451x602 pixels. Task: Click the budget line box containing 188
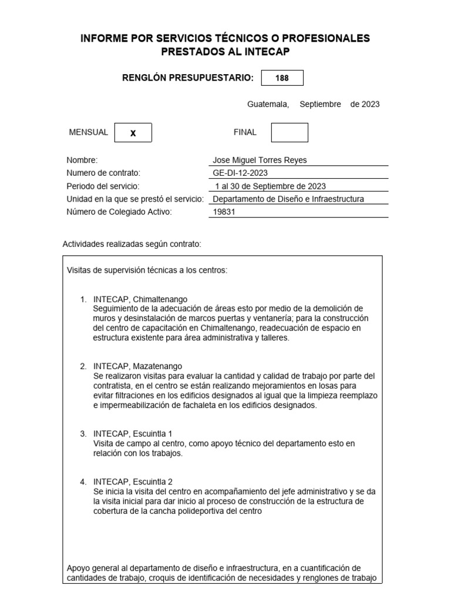(x=282, y=78)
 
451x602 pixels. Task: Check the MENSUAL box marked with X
(x=133, y=133)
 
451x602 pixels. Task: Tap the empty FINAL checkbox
(x=289, y=132)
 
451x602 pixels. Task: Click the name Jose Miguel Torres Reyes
(x=258, y=160)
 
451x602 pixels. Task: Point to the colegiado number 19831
(x=223, y=212)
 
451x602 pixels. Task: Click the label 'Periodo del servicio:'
(x=103, y=186)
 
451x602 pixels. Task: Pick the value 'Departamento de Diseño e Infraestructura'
(x=288, y=199)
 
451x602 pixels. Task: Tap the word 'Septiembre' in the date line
(x=320, y=104)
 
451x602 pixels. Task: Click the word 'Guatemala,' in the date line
(x=268, y=104)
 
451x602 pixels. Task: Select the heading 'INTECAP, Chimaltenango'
(x=140, y=299)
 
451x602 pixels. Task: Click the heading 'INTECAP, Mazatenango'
(x=137, y=366)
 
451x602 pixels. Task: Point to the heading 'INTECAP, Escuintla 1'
(x=132, y=433)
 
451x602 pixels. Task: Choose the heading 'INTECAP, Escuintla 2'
(x=132, y=481)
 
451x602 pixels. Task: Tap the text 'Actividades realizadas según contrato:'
(x=132, y=243)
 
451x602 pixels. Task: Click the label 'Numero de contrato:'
(x=104, y=173)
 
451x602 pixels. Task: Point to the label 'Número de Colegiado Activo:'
(x=119, y=212)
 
